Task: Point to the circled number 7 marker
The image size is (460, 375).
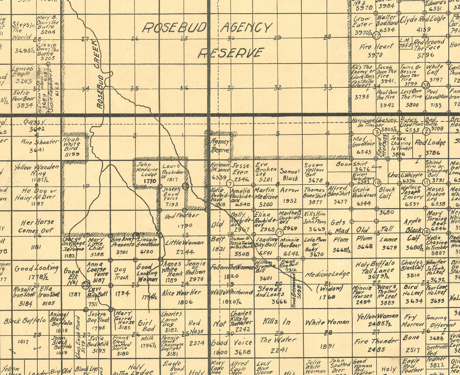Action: point(230,184)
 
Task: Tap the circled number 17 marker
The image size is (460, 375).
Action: point(279,232)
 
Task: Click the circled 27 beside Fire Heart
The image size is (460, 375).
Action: point(377,36)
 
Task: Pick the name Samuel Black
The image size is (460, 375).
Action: point(290,175)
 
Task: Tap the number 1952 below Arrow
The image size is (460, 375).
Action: point(289,201)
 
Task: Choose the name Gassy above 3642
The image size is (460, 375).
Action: point(34,122)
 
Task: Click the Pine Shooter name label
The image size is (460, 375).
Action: point(40,142)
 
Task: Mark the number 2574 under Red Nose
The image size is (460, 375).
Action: point(196,343)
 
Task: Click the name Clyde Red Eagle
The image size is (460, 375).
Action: point(422,19)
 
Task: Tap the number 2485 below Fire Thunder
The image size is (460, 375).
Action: point(376,349)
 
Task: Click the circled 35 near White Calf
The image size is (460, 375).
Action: point(426,85)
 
